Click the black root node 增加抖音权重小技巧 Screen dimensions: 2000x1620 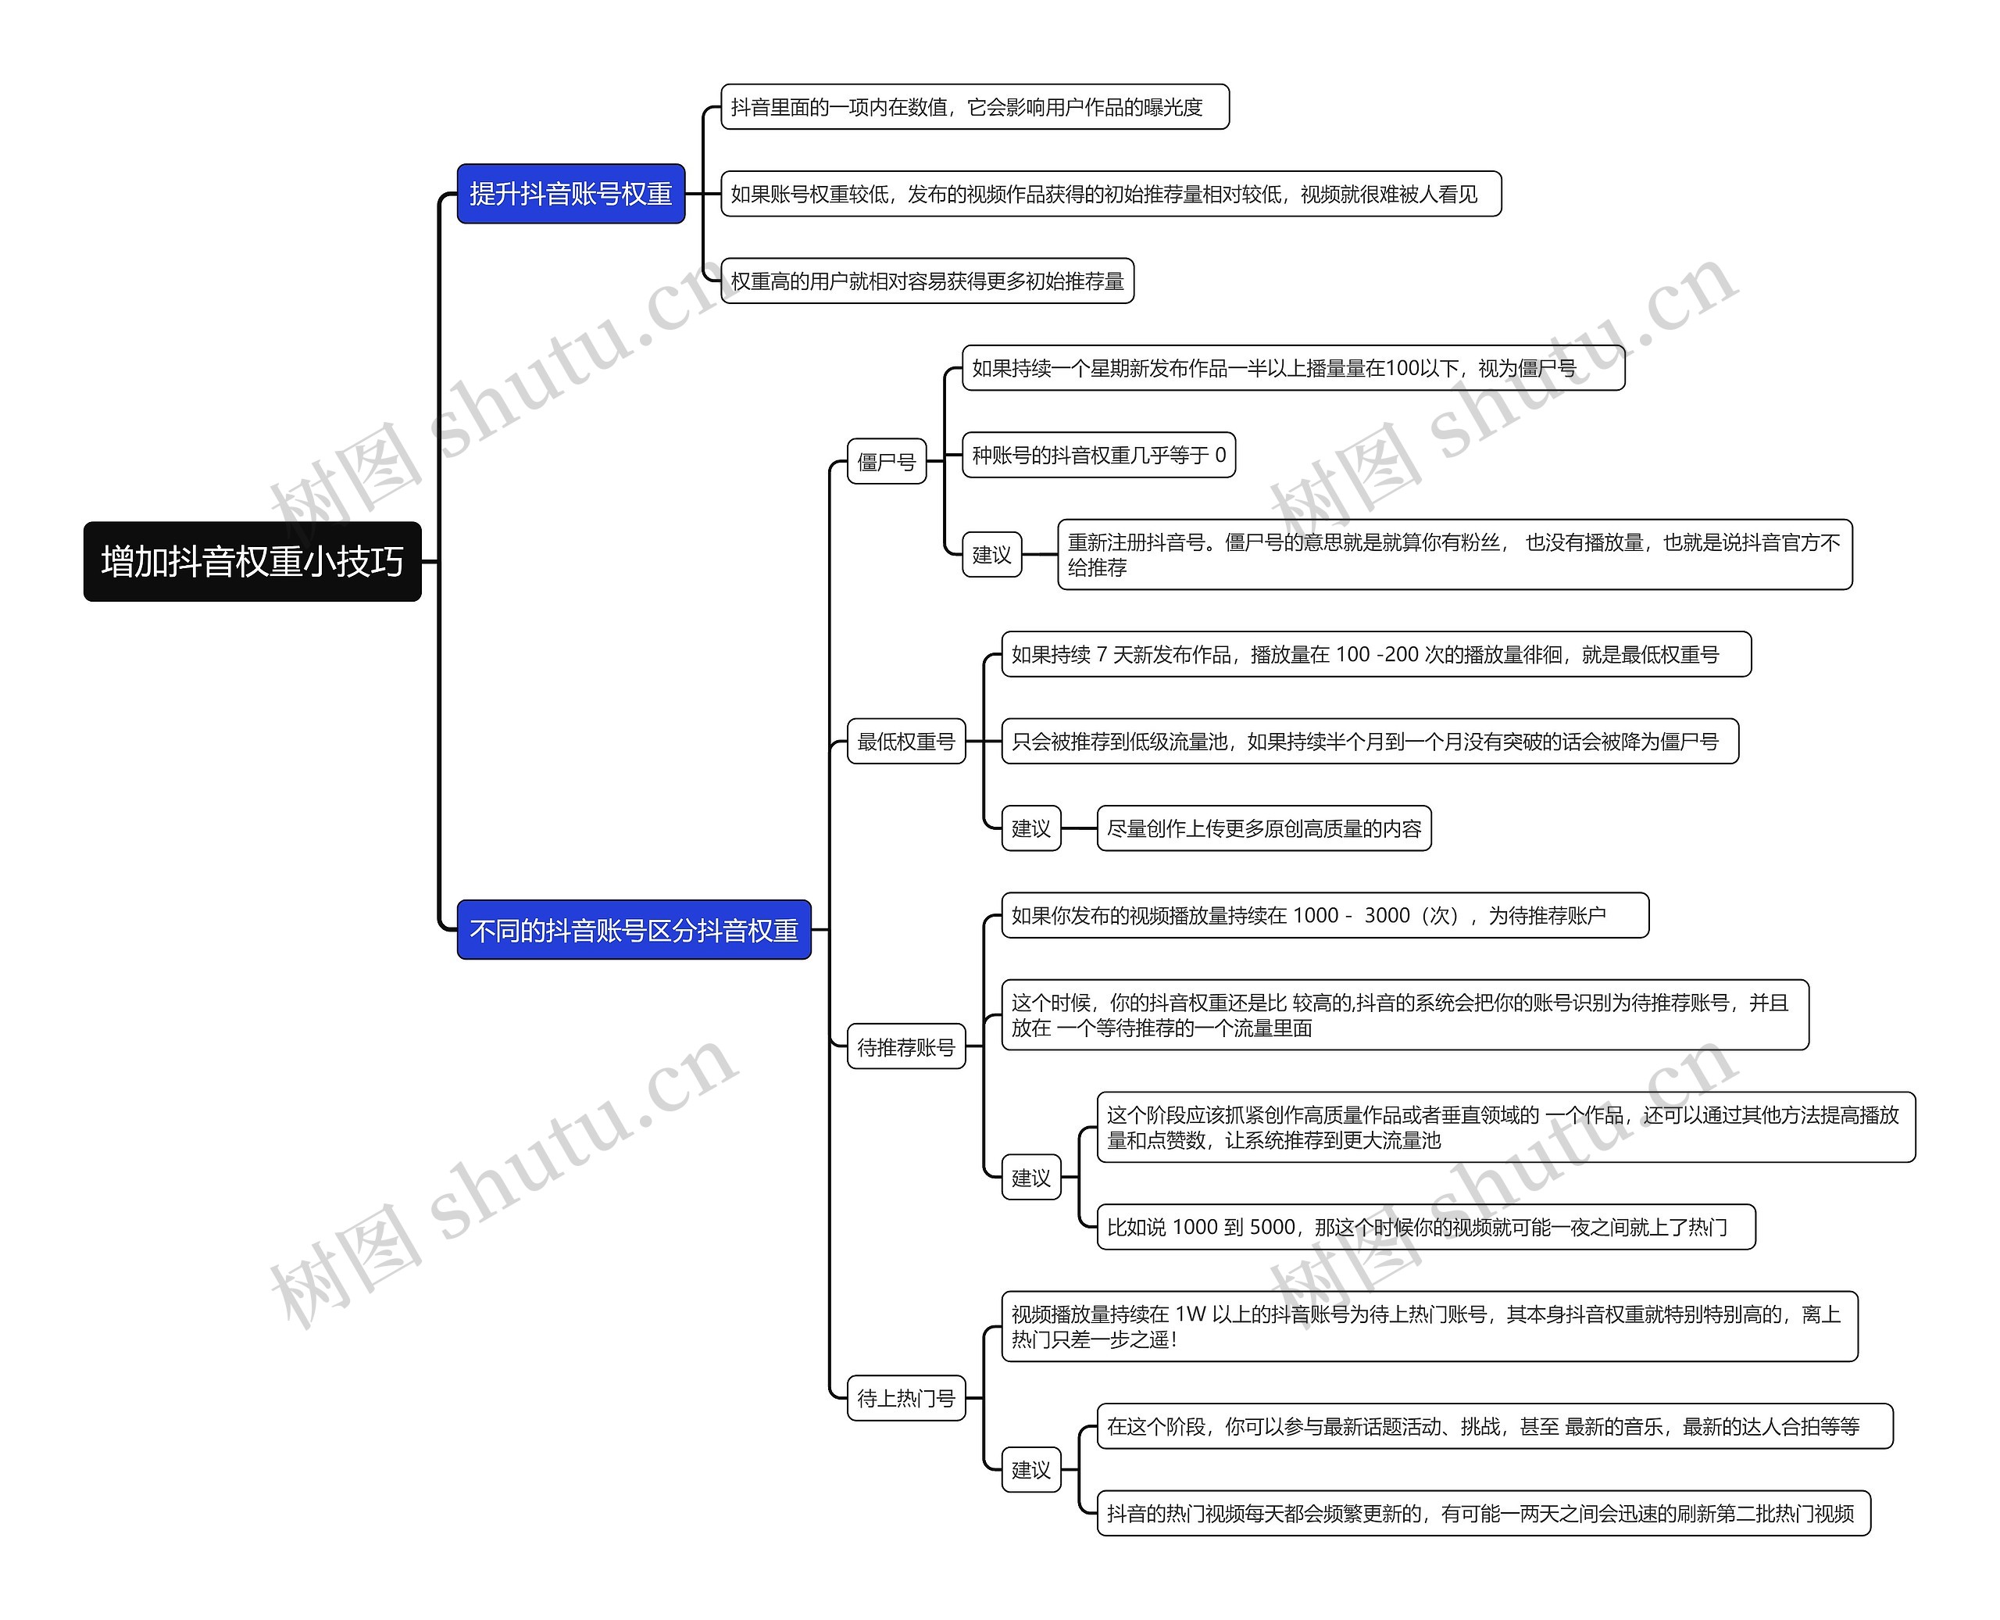pyautogui.click(x=252, y=562)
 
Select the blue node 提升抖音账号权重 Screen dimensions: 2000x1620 pyautogui.click(x=570, y=194)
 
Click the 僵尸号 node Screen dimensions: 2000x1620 pyautogui.click(x=886, y=461)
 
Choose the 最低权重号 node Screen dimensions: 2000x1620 pyautogui.click(x=905, y=741)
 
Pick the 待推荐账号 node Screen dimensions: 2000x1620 pyautogui.click(x=905, y=1047)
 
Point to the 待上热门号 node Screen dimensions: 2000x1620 pyautogui.click(x=905, y=1398)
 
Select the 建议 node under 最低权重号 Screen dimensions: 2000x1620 pyautogui.click(x=1030, y=828)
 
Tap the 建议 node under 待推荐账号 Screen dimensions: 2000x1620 pyautogui.click(x=1030, y=1178)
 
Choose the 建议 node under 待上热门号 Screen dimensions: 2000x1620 pyautogui.click(x=1030, y=1470)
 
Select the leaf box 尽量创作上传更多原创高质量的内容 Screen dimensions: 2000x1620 pyautogui.click(x=1263, y=828)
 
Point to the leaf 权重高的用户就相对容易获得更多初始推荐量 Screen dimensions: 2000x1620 pyautogui.click(x=927, y=281)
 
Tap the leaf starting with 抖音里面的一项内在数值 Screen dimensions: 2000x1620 pyautogui.click(x=974, y=107)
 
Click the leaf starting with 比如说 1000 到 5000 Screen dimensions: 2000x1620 pyautogui.click(x=1424, y=1227)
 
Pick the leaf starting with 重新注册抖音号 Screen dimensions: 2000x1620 pyautogui.click(x=1453, y=554)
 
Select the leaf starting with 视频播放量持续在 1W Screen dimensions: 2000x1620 pyautogui.click(x=1428, y=1326)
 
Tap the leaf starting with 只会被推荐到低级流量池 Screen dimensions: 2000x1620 pyautogui.click(x=1369, y=741)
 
